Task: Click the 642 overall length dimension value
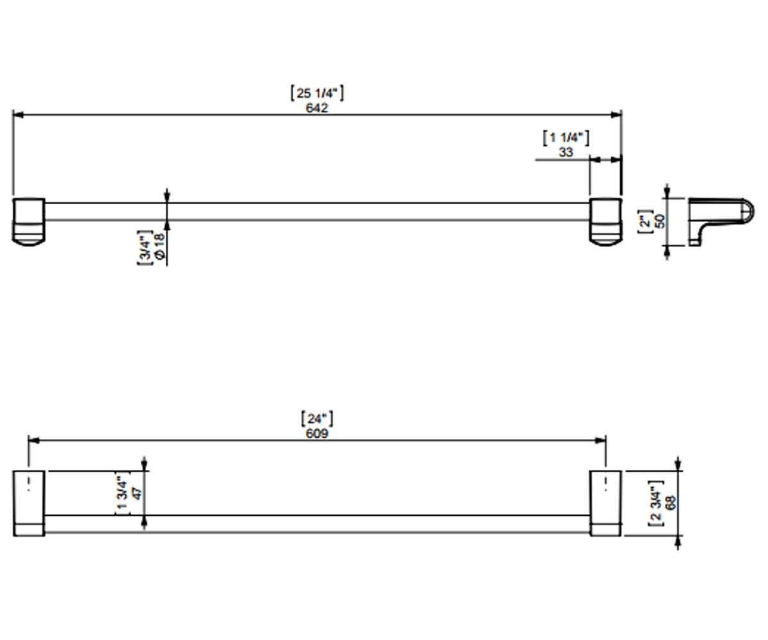pos(317,108)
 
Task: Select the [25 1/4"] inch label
pos(317,93)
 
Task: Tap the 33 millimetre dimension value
pos(566,152)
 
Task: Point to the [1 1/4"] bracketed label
pos(566,138)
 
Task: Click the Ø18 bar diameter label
pos(161,245)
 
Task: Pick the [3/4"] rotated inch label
pos(145,248)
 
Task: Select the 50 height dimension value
pos(660,221)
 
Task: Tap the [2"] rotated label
pos(645,221)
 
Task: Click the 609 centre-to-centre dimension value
pos(317,433)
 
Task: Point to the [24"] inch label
pos(317,419)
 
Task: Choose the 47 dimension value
pos(137,493)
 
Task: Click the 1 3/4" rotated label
pos(123,493)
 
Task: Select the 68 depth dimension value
pos(671,503)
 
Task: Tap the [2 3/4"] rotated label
pos(656,503)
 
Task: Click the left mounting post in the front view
pos(29,222)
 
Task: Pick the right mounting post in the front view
pos(605,222)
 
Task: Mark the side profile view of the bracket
pos(721,222)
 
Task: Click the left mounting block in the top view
pos(29,503)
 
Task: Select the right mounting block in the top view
pos(605,503)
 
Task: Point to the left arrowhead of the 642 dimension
pos(18,115)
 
